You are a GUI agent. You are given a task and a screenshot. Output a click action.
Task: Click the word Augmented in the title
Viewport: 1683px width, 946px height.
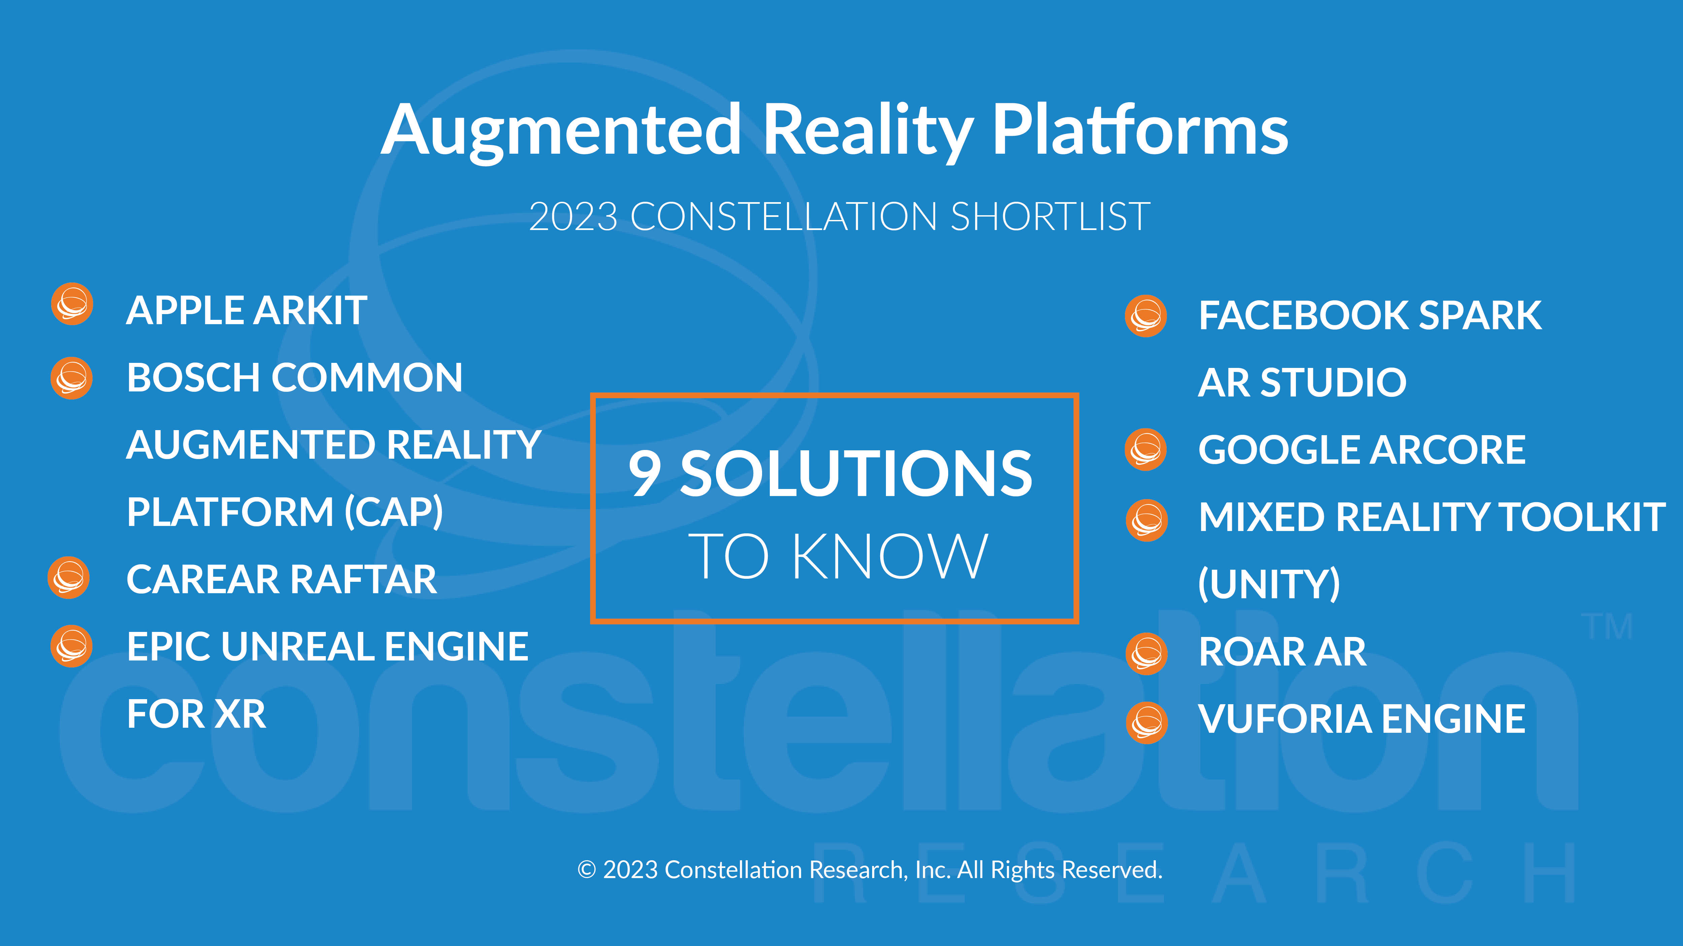[x=560, y=130]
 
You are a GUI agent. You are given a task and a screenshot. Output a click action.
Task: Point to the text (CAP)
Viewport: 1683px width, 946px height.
[x=393, y=513]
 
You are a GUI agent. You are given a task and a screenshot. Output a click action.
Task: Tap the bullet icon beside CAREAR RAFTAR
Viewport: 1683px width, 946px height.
[x=69, y=578]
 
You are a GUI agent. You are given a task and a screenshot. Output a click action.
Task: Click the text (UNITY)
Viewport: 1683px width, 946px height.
[x=1269, y=584]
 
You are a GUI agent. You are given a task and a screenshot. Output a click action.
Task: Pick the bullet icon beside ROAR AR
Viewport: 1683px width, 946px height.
[x=1146, y=653]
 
